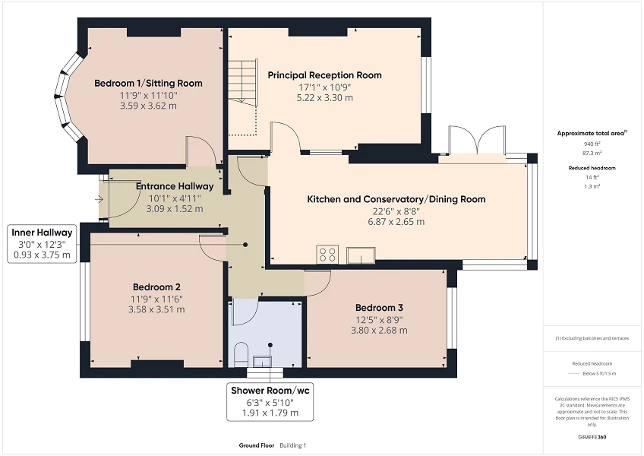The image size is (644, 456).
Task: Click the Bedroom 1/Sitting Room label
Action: pos(148,83)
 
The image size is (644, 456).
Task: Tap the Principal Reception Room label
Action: pos(324,75)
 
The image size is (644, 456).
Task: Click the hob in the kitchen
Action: pos(328,255)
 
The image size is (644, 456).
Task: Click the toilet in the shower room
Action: pos(241,353)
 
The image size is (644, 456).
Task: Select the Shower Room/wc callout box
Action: pos(271,402)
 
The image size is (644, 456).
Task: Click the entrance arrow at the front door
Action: pos(100,199)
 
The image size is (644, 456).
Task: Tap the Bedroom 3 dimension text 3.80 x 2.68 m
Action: pos(379,331)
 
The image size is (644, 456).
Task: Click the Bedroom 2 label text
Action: pos(156,287)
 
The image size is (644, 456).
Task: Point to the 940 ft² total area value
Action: pos(591,144)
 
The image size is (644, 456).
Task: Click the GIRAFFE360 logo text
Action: pos(591,437)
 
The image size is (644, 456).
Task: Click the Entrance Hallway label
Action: pos(175,186)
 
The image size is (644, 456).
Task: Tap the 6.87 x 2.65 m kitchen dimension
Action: pos(396,222)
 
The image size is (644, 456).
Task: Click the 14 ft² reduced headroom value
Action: pos(591,178)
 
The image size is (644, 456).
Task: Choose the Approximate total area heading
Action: pos(591,133)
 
